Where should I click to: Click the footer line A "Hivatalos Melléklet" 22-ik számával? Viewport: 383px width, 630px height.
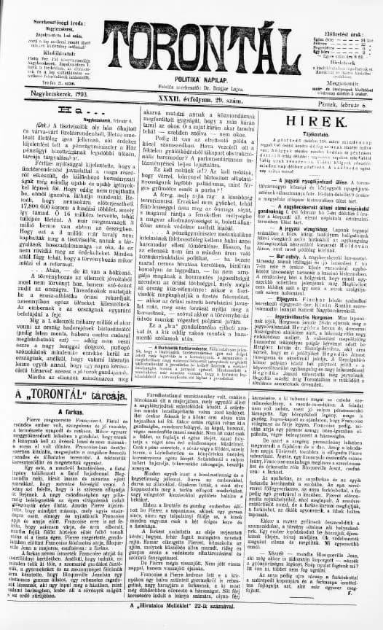click(x=191, y=624)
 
